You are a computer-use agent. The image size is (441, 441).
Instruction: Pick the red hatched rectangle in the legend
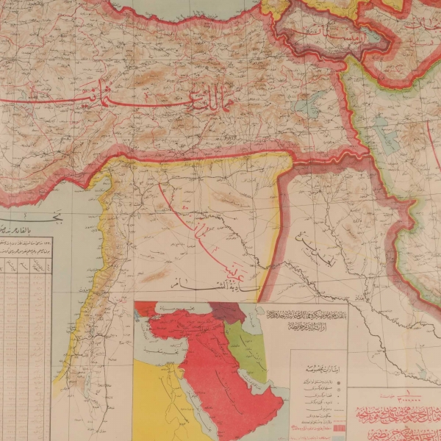337,427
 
